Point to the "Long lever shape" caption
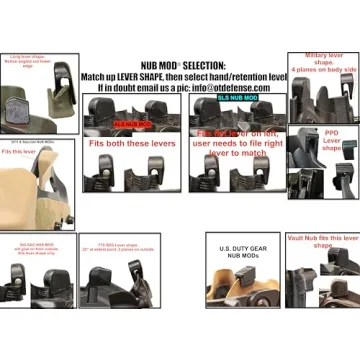26,63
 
